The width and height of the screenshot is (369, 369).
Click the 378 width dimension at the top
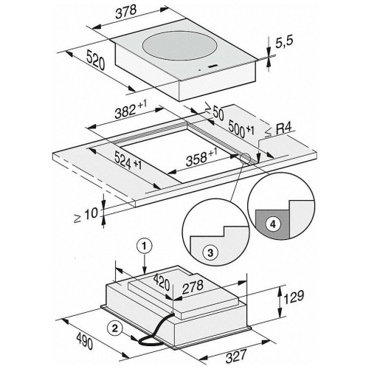pyautogui.click(x=126, y=12)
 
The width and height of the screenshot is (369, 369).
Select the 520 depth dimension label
pyautogui.click(x=96, y=61)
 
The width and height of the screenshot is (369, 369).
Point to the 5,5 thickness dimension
pyautogui.click(x=284, y=42)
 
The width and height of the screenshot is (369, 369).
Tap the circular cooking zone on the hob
pyautogui.click(x=179, y=46)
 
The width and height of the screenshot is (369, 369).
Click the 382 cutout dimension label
pyautogui.click(x=131, y=110)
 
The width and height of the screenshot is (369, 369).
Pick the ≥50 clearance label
pyautogui.click(x=215, y=112)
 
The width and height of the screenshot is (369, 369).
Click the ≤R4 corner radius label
pyautogui.click(x=278, y=130)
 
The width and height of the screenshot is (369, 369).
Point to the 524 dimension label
pyautogui.click(x=128, y=160)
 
